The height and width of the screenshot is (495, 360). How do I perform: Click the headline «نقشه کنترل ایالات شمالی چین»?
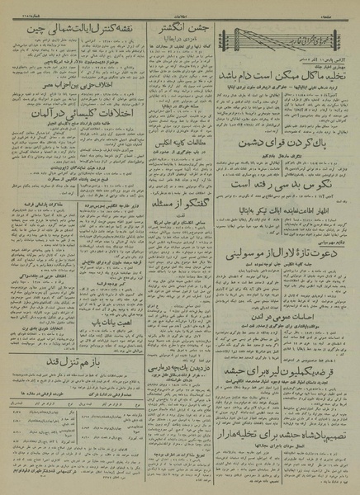click(62, 31)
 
